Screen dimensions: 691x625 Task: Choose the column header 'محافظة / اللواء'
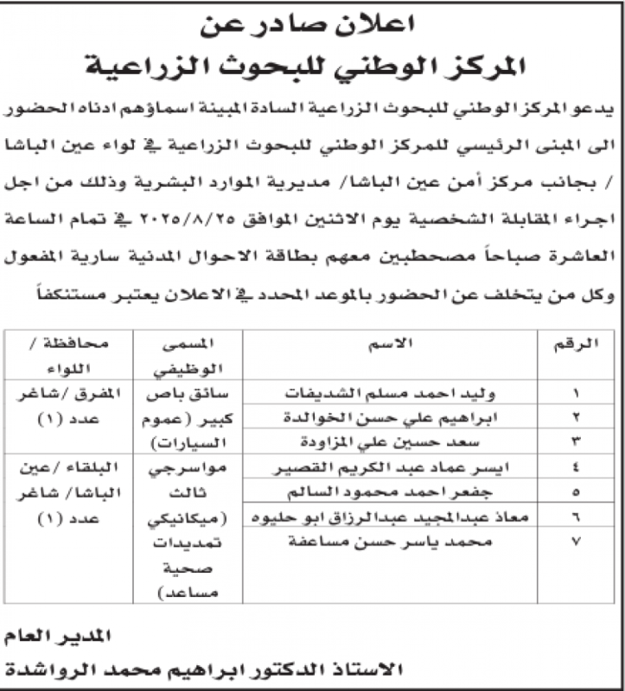67,356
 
